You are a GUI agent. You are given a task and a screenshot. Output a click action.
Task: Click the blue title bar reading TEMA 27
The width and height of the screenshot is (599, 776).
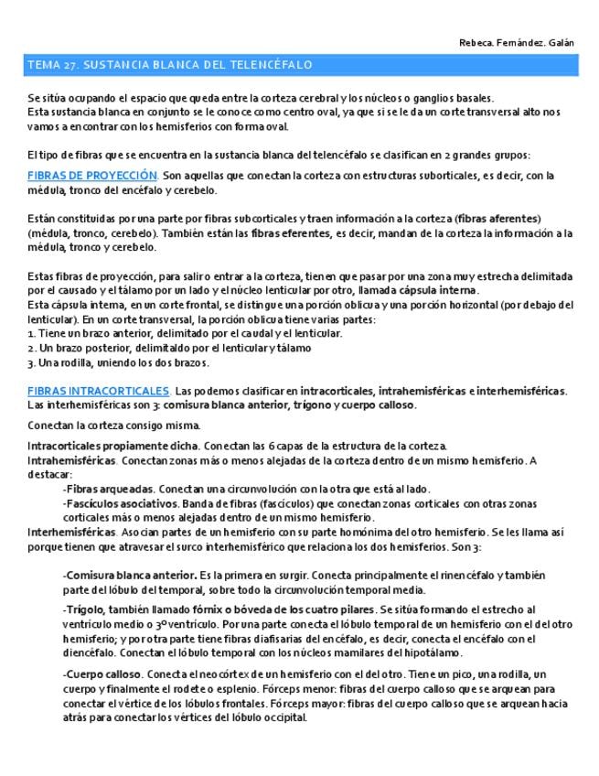coord(170,65)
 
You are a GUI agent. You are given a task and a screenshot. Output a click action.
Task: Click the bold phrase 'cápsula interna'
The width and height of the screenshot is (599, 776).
coord(436,290)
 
